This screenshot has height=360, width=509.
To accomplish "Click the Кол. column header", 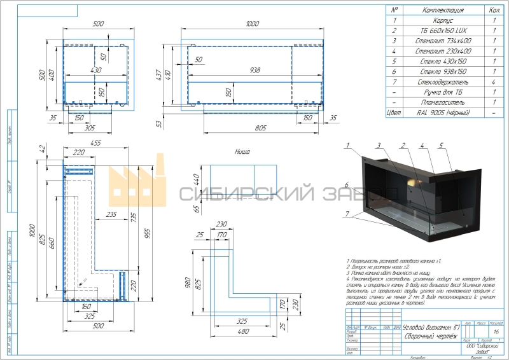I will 494,10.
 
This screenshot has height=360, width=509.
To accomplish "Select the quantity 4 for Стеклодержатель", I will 494,82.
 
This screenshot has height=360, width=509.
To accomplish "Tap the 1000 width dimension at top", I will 252,24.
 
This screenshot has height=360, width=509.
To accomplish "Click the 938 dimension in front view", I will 255,71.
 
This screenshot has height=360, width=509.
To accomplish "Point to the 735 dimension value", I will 133,216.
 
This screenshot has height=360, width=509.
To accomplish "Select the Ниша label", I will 242,152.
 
